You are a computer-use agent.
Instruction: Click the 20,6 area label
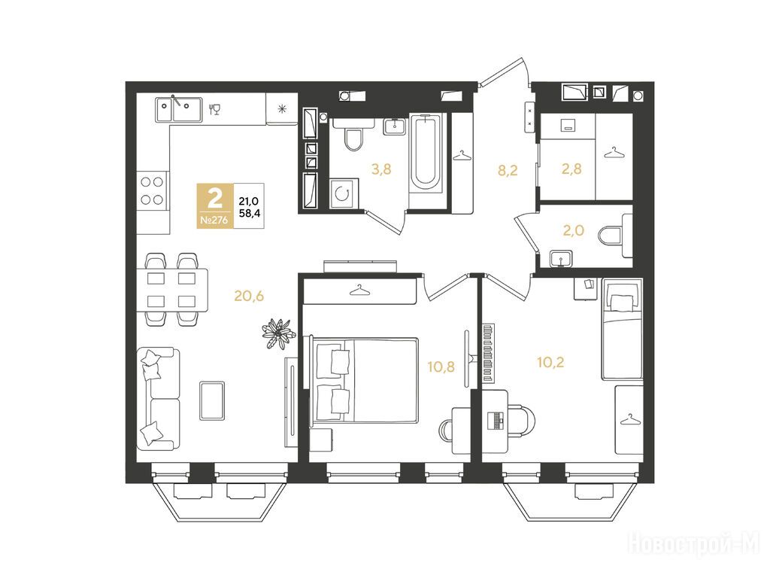249,296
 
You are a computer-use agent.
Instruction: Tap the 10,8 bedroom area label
441,367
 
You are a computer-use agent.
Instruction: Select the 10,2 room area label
550,363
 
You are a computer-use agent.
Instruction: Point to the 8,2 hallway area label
508,171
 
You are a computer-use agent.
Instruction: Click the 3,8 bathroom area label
381,169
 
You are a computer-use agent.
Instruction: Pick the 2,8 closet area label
571,169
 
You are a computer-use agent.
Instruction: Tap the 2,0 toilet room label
573,230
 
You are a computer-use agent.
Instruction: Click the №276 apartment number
214,221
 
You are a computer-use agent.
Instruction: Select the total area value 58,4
250,213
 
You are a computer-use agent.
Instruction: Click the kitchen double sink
179,109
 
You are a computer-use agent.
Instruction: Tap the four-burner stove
152,190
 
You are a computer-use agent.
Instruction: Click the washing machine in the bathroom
344,194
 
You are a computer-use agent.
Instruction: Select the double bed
362,379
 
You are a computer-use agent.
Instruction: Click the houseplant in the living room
279,333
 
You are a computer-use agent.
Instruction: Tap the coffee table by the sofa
212,400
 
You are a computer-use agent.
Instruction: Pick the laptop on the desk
496,420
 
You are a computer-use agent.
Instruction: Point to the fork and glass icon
214,109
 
